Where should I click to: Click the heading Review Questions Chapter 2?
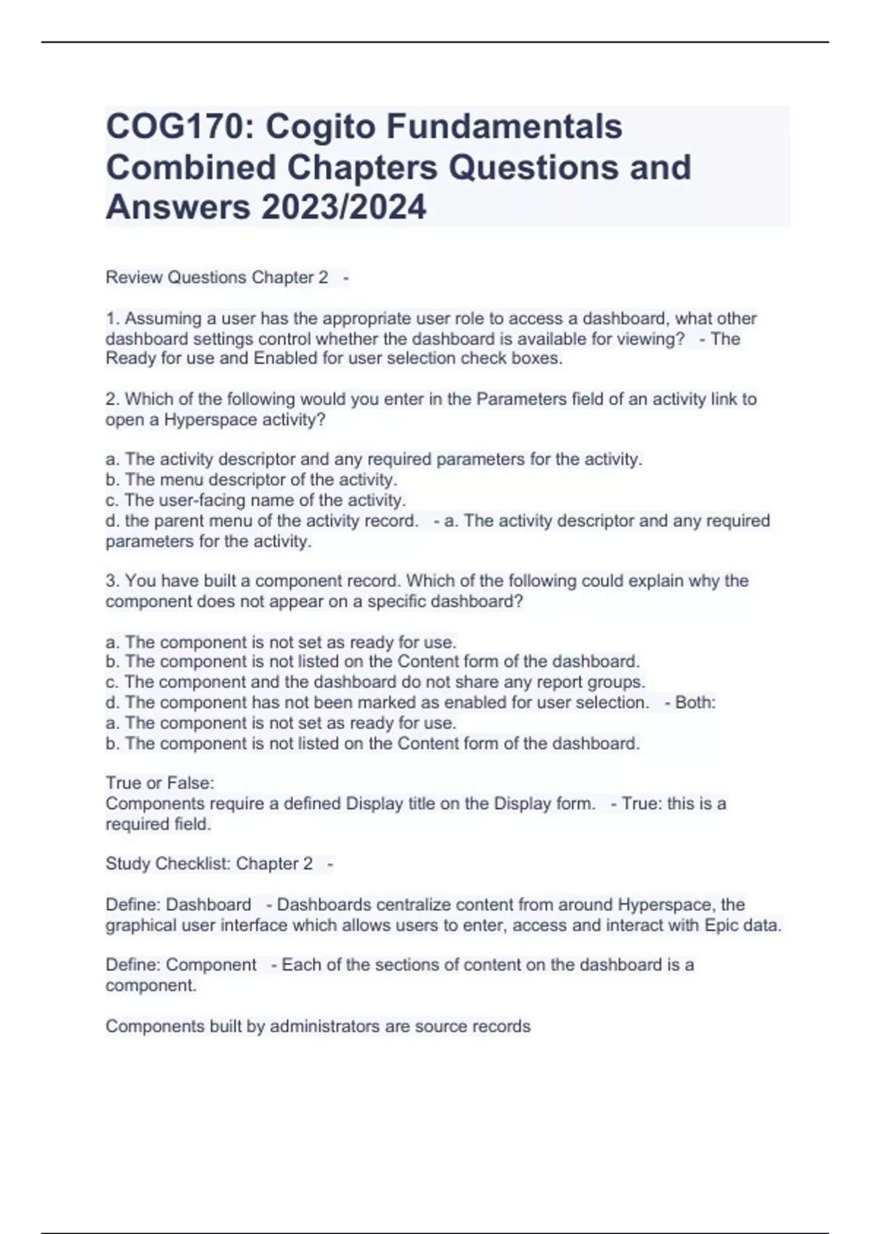(x=216, y=277)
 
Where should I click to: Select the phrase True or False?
(x=160, y=783)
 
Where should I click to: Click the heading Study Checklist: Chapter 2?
(x=209, y=864)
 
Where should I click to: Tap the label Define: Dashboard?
(x=179, y=905)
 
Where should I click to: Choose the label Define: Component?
(x=181, y=965)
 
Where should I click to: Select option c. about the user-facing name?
(x=255, y=500)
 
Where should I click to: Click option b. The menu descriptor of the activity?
(x=251, y=480)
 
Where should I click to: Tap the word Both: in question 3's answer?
(x=695, y=703)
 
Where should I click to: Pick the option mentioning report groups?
(x=375, y=682)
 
